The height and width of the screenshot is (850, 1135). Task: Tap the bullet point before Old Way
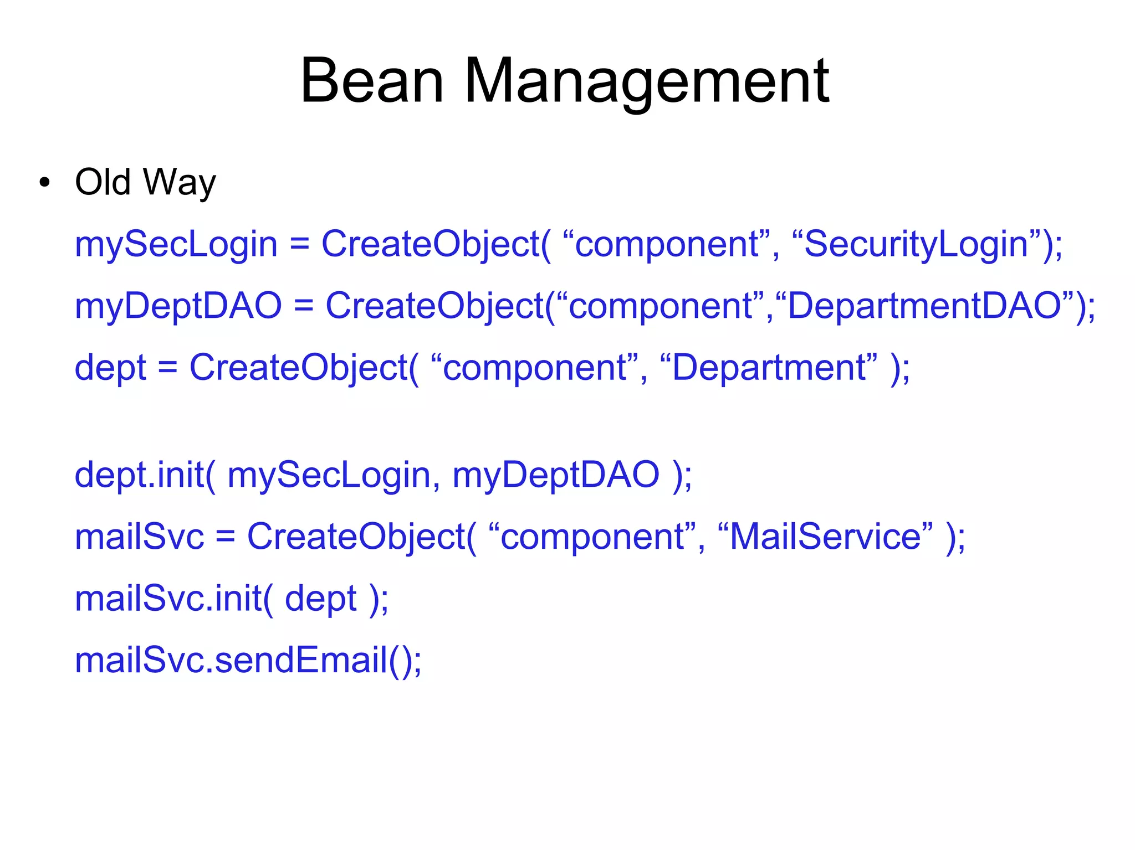pyautogui.click(x=45, y=183)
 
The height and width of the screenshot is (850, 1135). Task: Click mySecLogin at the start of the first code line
pyautogui.click(x=176, y=245)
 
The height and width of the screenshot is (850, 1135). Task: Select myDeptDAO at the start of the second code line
pyautogui.click(x=178, y=306)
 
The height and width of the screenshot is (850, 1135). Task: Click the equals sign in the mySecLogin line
pyautogui.click(x=299, y=245)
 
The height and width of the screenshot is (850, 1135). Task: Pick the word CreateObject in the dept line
pyautogui.click(x=299, y=368)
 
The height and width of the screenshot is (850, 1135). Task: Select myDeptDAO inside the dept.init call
pyautogui.click(x=556, y=476)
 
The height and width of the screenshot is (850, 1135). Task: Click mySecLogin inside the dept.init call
pyautogui.click(x=328, y=476)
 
